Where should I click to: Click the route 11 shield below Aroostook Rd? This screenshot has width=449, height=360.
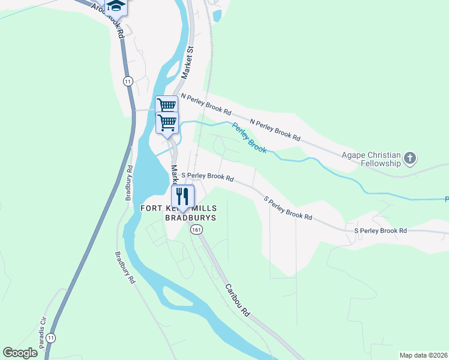127,80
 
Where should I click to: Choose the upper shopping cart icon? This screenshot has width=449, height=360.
166,106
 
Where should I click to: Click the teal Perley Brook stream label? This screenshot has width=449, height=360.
249,137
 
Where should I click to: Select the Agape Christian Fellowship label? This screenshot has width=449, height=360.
371,159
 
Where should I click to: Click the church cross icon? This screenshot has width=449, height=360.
411,159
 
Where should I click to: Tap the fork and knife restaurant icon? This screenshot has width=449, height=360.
182,196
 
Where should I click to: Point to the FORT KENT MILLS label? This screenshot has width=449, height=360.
179,208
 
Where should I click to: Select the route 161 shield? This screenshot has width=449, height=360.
196,230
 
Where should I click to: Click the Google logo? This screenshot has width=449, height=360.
20,352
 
